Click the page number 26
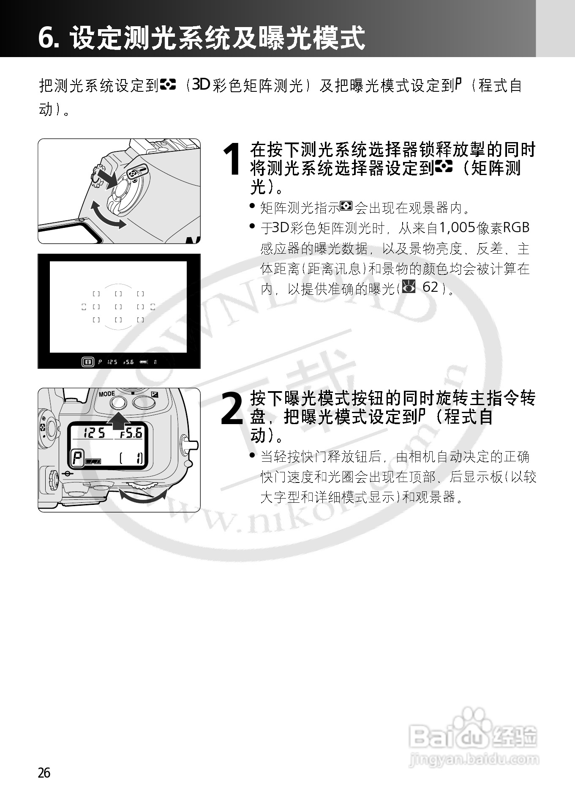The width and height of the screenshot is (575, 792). coord(44,773)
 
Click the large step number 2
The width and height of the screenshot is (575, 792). coord(232,409)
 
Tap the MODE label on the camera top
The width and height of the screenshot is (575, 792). coord(107,394)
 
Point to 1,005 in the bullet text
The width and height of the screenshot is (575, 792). coord(457,228)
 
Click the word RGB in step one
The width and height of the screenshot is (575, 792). coord(516,228)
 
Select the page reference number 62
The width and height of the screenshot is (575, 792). coord(430,287)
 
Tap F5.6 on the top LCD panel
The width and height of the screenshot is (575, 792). coord(131,433)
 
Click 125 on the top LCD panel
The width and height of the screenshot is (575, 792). coord(94,433)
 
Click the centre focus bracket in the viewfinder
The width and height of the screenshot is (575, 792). coord(119,307)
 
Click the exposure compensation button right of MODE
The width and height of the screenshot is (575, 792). coord(144,402)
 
